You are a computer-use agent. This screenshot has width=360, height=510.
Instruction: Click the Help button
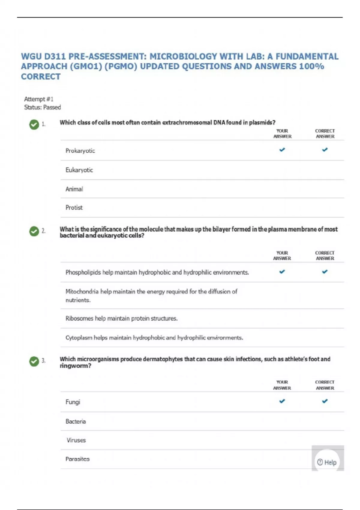pyautogui.click(x=327, y=462)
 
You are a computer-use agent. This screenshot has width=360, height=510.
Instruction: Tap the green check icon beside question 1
pyautogui.click(x=34, y=124)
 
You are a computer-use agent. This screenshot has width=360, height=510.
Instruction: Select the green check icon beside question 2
pyautogui.click(x=34, y=231)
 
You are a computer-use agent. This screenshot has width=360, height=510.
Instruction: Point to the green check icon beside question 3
pyautogui.click(x=34, y=361)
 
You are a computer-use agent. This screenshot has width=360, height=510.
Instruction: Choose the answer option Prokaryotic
pyautogui.click(x=80, y=151)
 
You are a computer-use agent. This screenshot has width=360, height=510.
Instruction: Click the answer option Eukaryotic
pyautogui.click(x=79, y=170)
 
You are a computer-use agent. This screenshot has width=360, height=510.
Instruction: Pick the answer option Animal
pyautogui.click(x=74, y=189)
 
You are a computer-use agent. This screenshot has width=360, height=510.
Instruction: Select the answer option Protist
pyautogui.click(x=74, y=207)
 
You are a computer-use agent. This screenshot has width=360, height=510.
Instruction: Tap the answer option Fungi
pyautogui.click(x=73, y=402)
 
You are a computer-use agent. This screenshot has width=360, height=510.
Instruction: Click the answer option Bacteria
pyautogui.click(x=76, y=421)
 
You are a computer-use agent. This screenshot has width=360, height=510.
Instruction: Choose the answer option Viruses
pyautogui.click(x=76, y=440)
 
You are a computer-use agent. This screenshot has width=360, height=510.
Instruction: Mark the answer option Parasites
pyautogui.click(x=77, y=459)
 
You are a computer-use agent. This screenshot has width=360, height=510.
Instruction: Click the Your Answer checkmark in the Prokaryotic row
pyautogui.click(x=282, y=149)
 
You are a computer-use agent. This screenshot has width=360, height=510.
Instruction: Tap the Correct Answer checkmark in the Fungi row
pyautogui.click(x=325, y=401)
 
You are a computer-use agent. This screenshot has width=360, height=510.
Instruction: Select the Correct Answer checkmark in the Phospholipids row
pyautogui.click(x=325, y=271)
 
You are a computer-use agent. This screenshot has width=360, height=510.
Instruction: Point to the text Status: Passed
pyautogui.click(x=42, y=107)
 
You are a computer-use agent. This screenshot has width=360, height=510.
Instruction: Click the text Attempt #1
pyautogui.click(x=39, y=99)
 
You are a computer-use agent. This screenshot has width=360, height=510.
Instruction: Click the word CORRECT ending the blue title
pyautogui.click(x=41, y=76)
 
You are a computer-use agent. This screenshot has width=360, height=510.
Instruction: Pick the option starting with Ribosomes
pyautogui.click(x=121, y=318)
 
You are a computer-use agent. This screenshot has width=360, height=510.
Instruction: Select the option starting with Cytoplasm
pyautogui.click(x=154, y=337)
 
